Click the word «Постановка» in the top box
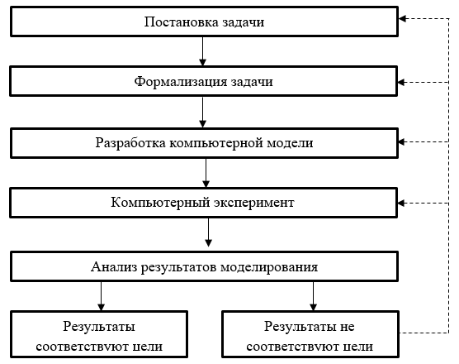181,22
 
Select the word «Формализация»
181,82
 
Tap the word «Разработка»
130,143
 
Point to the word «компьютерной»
216,143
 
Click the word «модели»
290,143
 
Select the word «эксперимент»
253,203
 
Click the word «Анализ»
114,267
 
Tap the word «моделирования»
269,267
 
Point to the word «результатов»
178,267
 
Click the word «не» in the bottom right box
348,327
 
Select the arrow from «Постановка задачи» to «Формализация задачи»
202,51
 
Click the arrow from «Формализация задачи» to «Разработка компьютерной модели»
202,112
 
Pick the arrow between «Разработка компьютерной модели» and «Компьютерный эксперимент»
206,173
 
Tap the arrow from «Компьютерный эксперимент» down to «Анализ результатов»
208,232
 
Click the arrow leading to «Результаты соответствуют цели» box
101,296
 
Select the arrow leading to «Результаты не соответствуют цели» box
313,296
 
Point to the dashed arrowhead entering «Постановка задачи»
403,19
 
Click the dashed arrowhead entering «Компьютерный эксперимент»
401,203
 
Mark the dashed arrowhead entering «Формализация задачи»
401,83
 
